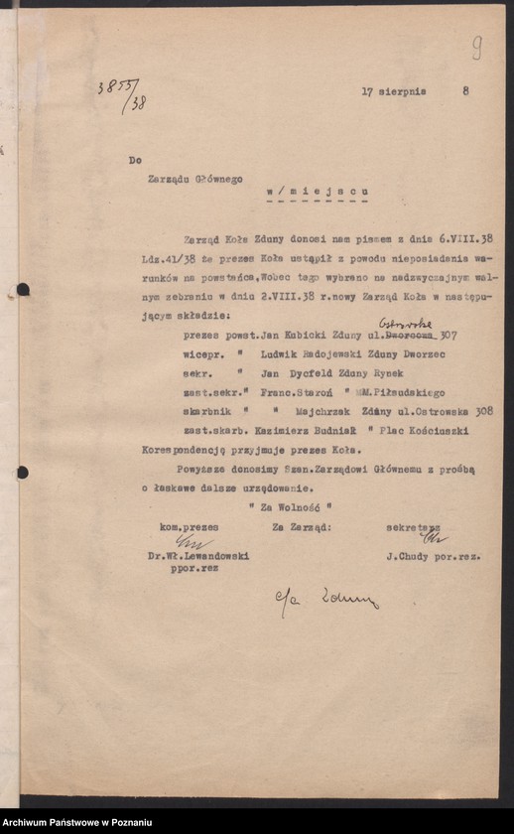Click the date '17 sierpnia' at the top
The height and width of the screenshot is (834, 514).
point(394,90)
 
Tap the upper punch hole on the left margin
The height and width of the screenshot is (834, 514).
point(22,290)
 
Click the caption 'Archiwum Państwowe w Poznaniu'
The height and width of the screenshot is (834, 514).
point(77,822)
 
